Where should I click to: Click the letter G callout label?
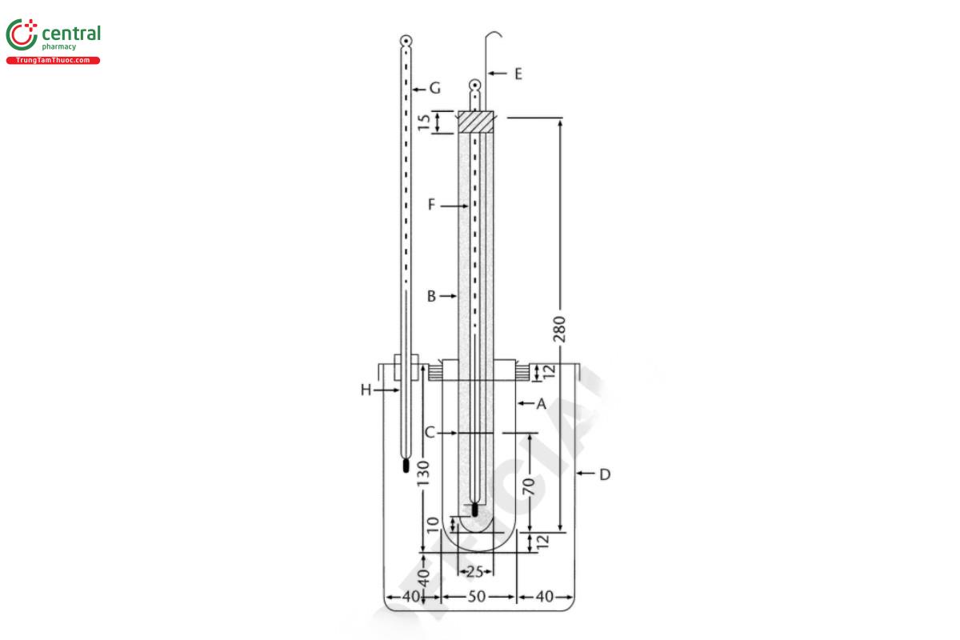(x=435, y=88)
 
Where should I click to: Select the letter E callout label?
(x=518, y=74)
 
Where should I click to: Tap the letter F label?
(x=431, y=206)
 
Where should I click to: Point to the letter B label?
(x=431, y=296)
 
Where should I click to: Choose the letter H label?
(x=366, y=390)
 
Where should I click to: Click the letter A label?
(x=541, y=404)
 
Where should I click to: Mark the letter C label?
(x=430, y=433)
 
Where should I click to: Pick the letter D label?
(x=605, y=474)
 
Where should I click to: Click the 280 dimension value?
(x=559, y=329)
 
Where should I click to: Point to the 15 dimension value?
(x=425, y=122)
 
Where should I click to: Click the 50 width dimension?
(x=478, y=596)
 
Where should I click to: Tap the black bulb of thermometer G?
(x=406, y=466)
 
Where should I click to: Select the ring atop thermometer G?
(x=406, y=40)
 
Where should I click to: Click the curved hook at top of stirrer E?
(x=496, y=34)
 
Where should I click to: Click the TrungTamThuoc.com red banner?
(x=54, y=61)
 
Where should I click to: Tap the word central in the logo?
(x=70, y=34)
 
